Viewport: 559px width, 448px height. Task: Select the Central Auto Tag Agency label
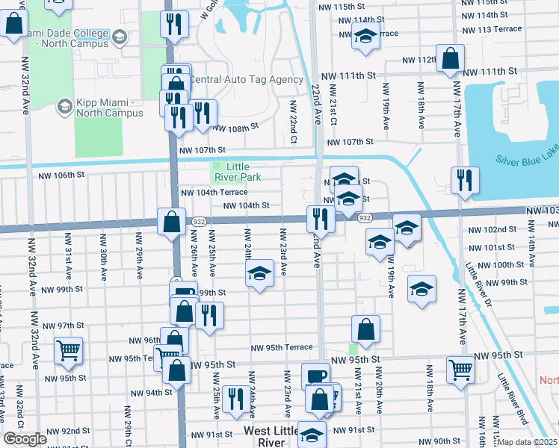pos(246,79)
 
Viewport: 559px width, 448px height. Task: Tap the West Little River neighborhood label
pos(275,437)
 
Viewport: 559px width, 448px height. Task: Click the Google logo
pos(25,439)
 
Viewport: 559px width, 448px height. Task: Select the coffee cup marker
pos(315,376)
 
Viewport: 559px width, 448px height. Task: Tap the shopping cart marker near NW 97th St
pos(68,349)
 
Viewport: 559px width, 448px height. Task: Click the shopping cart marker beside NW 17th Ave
pos(460,368)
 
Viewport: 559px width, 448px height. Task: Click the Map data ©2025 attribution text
pos(527,442)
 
